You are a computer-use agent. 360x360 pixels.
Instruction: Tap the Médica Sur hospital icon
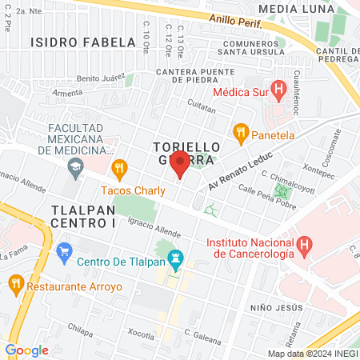coord(278,90)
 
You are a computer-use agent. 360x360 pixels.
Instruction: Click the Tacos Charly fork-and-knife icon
coord(120,168)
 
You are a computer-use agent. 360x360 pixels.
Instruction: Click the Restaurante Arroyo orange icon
coord(14,283)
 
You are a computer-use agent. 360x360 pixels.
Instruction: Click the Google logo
coord(26,350)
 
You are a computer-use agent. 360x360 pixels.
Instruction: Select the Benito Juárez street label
coord(101,78)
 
